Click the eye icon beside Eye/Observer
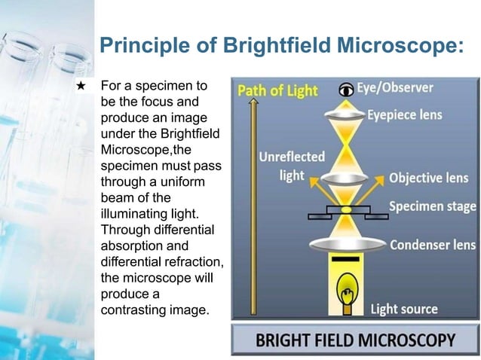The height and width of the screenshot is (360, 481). (346, 89)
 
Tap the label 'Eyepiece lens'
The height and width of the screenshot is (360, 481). (404, 115)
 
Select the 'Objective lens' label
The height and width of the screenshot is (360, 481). (427, 179)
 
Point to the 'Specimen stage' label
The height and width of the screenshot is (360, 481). (432, 206)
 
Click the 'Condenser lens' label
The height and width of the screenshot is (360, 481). (432, 245)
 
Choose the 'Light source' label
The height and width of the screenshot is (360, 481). (403, 310)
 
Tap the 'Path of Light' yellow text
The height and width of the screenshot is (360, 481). (277, 91)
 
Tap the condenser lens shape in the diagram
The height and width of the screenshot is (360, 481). (346, 245)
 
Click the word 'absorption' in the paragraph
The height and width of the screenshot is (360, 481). (130, 246)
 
